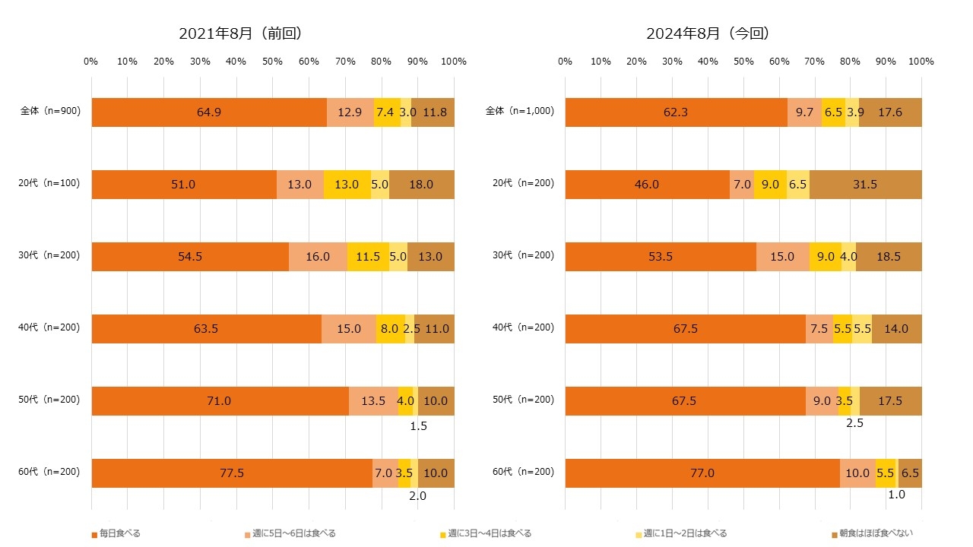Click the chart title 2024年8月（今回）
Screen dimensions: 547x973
click(708, 33)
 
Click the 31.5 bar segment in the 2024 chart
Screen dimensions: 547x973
click(865, 185)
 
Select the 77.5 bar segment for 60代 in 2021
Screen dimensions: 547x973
click(231, 473)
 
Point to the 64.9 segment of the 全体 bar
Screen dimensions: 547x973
click(209, 112)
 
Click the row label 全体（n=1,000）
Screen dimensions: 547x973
click(520, 111)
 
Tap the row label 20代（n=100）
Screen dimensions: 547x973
click(50, 183)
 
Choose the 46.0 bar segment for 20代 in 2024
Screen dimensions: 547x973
click(647, 185)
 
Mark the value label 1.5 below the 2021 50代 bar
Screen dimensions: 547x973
click(418, 426)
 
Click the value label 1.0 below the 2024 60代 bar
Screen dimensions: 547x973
click(895, 495)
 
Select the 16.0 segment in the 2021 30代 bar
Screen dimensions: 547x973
click(318, 257)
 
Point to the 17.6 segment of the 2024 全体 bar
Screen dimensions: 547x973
click(889, 112)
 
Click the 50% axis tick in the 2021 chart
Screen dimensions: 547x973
click(272, 62)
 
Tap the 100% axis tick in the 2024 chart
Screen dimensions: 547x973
click(921, 62)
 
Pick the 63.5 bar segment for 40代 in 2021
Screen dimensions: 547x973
click(206, 329)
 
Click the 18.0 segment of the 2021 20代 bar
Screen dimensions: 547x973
click(421, 185)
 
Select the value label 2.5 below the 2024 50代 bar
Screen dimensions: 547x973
click(854, 423)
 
